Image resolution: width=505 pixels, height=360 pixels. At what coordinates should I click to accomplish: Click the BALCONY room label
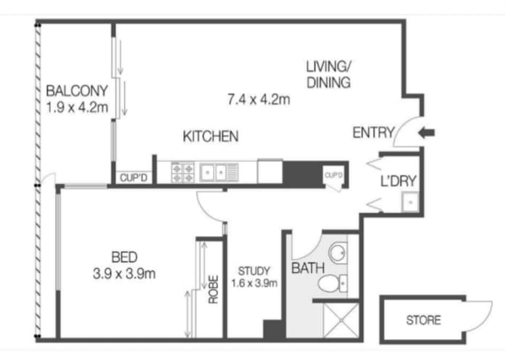click(x=77, y=91)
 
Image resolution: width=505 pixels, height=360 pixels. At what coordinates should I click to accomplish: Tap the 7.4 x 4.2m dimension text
click(x=258, y=99)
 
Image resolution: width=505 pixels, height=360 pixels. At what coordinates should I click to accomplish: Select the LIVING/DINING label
click(x=328, y=75)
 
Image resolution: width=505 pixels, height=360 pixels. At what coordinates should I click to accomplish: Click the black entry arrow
click(x=427, y=133)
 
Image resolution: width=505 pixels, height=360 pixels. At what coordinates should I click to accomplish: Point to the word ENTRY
click(x=373, y=133)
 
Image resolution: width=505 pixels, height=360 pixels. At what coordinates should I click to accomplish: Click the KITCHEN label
click(x=210, y=136)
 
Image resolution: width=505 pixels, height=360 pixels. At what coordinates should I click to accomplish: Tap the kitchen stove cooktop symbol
click(x=182, y=172)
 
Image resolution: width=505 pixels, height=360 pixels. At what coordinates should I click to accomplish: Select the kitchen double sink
click(x=215, y=172)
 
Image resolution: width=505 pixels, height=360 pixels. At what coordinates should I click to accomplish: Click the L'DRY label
click(x=399, y=182)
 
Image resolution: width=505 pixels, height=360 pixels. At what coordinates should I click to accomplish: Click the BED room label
click(x=124, y=257)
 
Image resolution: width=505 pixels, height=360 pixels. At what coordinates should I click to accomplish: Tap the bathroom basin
click(x=337, y=253)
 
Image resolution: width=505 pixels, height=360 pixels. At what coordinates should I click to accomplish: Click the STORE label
click(x=422, y=319)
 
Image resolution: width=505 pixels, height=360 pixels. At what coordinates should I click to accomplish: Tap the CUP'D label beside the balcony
click(x=134, y=177)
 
